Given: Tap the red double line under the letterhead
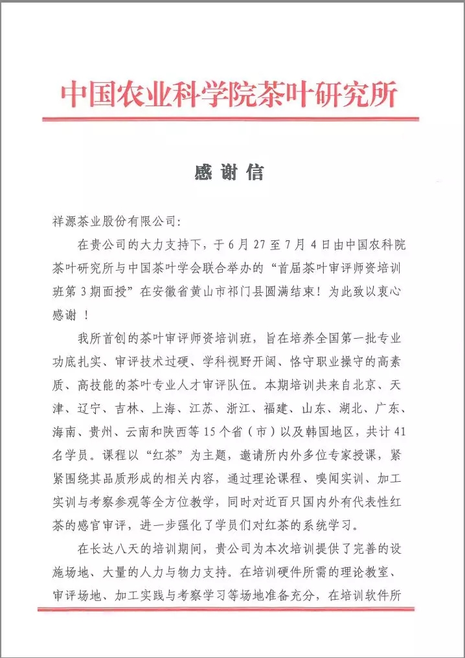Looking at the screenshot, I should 230,119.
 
